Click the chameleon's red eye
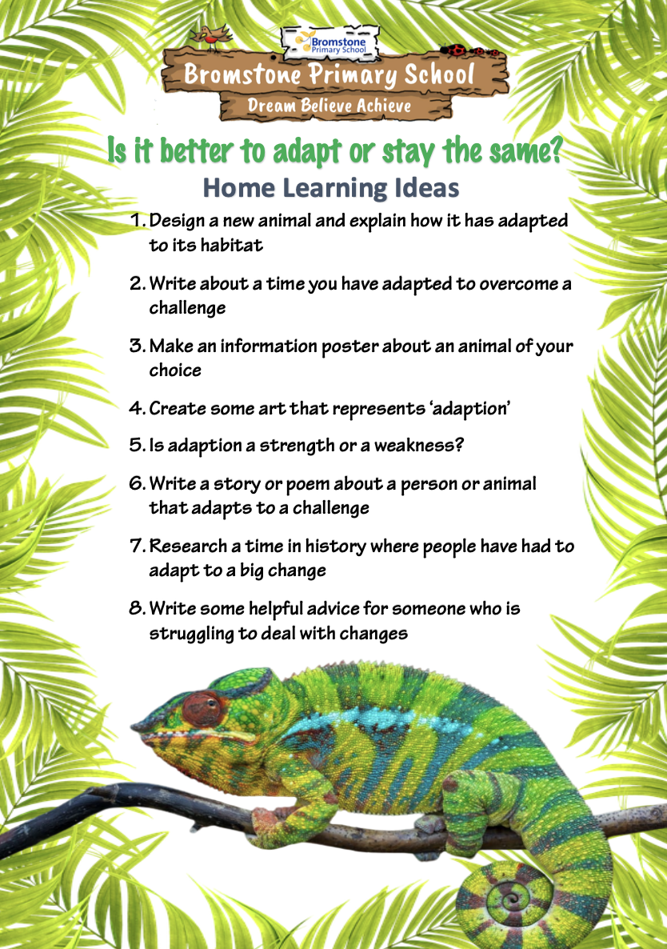point(202,708)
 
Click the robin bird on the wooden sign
point(210,38)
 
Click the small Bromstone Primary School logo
point(331,43)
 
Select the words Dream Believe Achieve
point(330,106)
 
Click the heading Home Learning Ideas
point(331,187)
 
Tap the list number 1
point(137,220)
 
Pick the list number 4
point(137,408)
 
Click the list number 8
point(137,607)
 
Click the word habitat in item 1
point(232,245)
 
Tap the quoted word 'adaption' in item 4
point(470,409)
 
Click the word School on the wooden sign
point(439,74)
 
